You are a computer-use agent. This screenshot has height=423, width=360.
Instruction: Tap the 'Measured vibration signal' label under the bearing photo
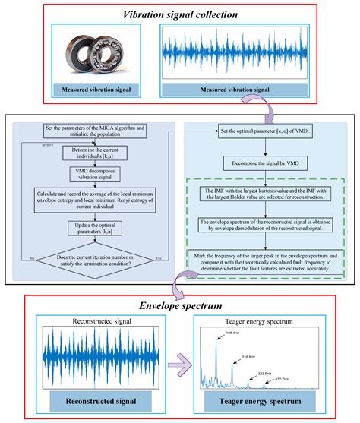tap(102, 91)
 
